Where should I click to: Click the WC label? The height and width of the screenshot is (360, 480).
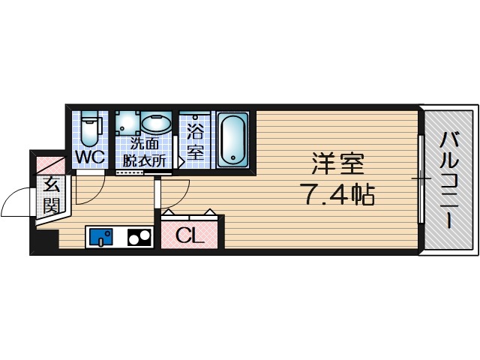click(89, 158)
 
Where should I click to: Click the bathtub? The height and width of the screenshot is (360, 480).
click(232, 139)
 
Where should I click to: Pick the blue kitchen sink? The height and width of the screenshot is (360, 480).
click(100, 238)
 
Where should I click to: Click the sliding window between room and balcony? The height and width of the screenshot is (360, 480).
click(421, 179)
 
